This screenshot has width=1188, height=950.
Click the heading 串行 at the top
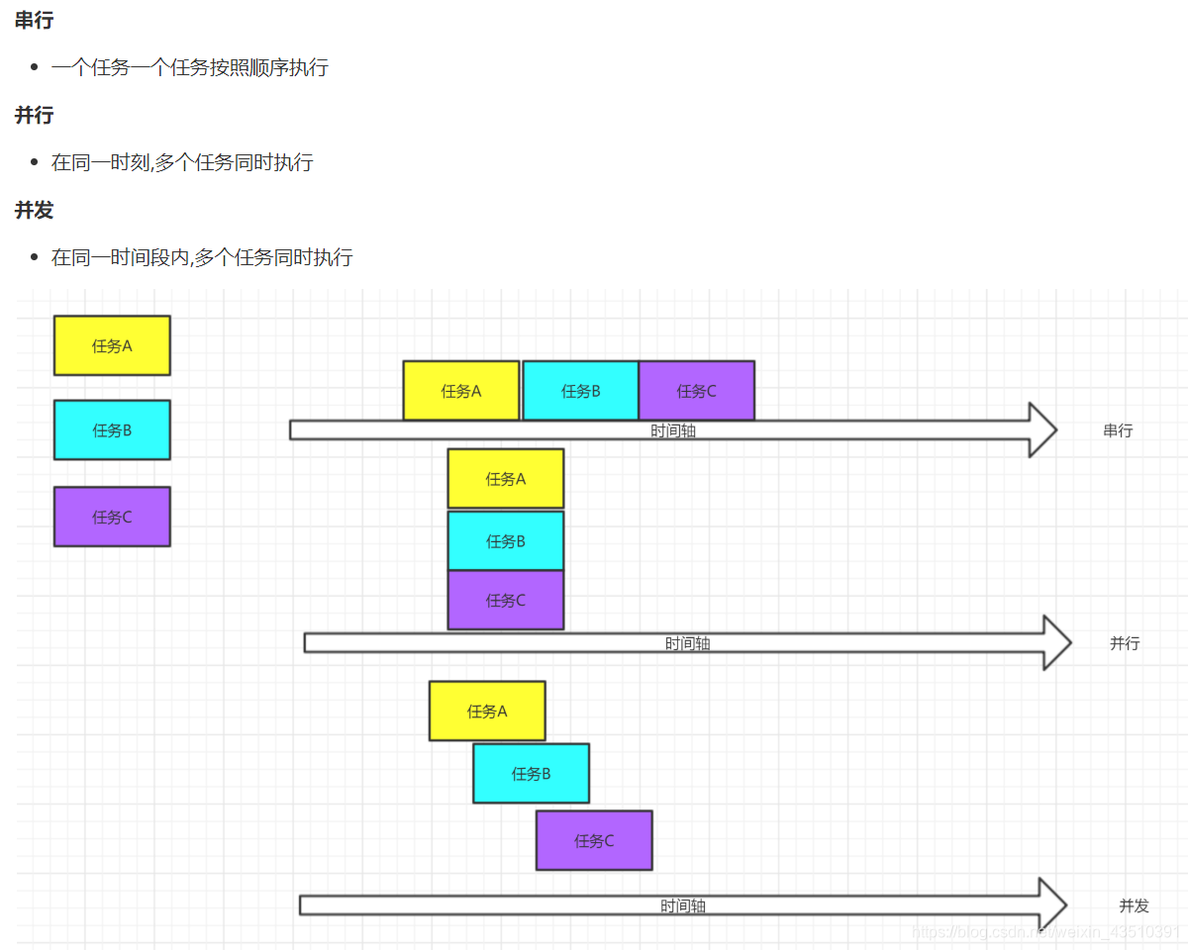[35, 21]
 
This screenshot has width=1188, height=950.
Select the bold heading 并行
[35, 116]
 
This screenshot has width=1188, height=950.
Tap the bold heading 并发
[35, 211]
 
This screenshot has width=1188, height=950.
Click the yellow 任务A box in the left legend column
[112, 345]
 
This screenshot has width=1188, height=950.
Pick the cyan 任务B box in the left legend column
[112, 430]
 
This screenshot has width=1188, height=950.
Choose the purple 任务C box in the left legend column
[112, 517]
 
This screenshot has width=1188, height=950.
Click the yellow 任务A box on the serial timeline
[461, 391]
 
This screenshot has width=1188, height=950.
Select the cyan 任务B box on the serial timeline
[580, 391]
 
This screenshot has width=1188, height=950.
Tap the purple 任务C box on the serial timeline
[697, 391]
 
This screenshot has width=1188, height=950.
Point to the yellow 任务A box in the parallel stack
[506, 479]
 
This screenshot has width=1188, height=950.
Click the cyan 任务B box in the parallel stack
[506, 541]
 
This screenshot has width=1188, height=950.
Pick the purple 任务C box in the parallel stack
[506, 600]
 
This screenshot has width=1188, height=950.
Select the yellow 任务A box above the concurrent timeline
[487, 711]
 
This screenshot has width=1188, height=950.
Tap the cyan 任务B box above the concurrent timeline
[531, 773]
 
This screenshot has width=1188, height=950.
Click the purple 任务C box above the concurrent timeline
[594, 841]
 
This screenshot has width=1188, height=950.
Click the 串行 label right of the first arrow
[1118, 430]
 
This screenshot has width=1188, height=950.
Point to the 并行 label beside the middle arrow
[1125, 643]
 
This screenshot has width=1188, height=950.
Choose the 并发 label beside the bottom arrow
[1134, 905]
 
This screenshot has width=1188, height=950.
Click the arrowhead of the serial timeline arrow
[1056, 430]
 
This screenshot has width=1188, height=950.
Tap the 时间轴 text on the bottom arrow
[683, 905]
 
